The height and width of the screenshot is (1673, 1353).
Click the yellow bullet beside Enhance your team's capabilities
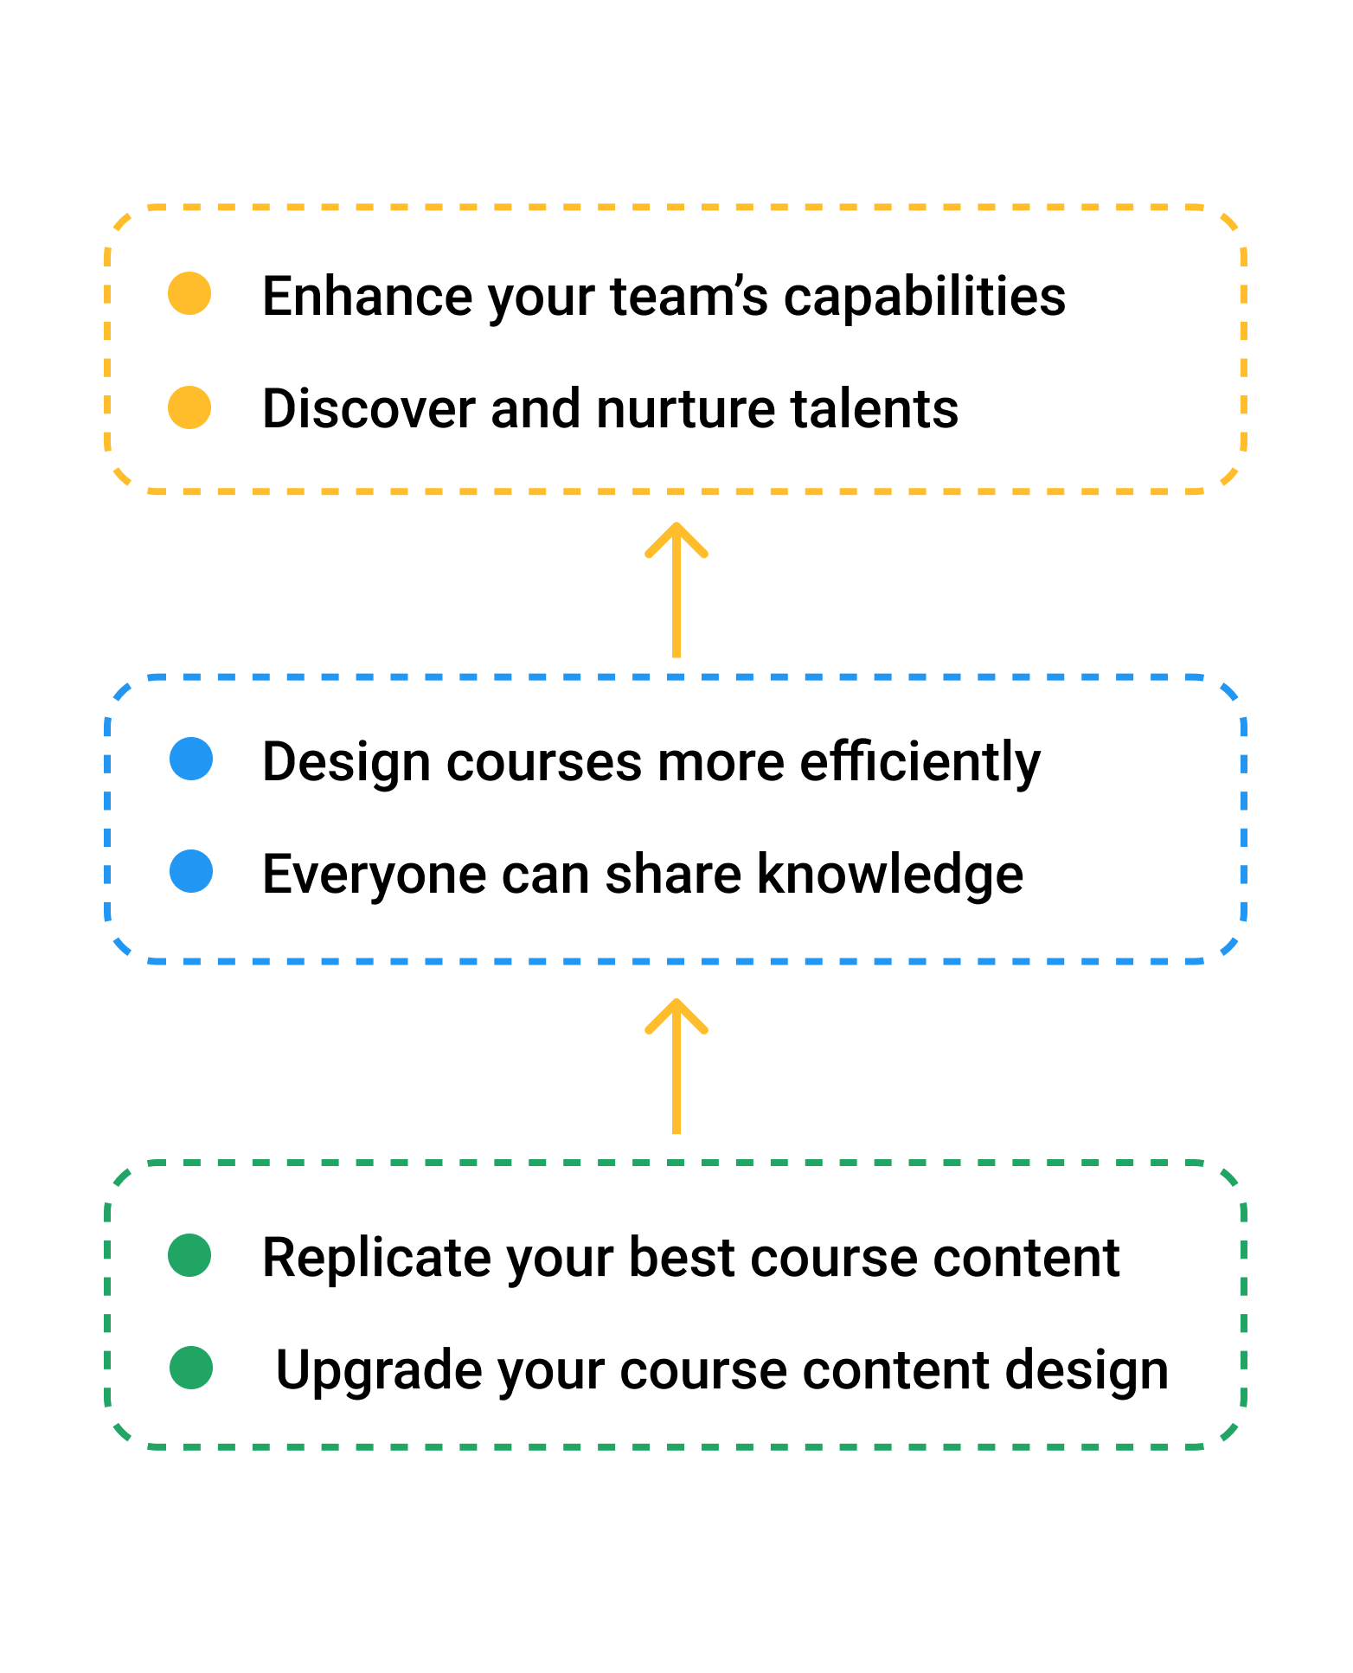pos(189,293)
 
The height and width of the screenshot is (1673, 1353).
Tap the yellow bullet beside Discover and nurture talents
pos(189,407)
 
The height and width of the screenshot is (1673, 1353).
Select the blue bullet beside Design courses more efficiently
pos(191,759)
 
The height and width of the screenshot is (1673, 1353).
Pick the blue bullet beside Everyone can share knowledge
pos(191,871)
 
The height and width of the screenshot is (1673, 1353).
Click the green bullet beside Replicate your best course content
pos(189,1255)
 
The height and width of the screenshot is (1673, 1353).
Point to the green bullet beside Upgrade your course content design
pos(191,1368)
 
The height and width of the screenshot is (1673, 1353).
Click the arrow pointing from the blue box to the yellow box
pos(676,589)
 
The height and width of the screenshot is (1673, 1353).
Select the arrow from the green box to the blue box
pos(676,1066)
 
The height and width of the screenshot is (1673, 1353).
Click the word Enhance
pos(368,296)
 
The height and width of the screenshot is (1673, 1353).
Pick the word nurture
pos(675,409)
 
